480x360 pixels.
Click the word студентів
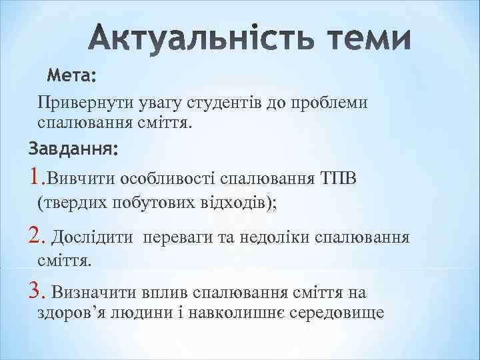tap(224, 103)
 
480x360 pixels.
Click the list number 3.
tap(36, 291)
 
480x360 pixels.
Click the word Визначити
tap(93, 292)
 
